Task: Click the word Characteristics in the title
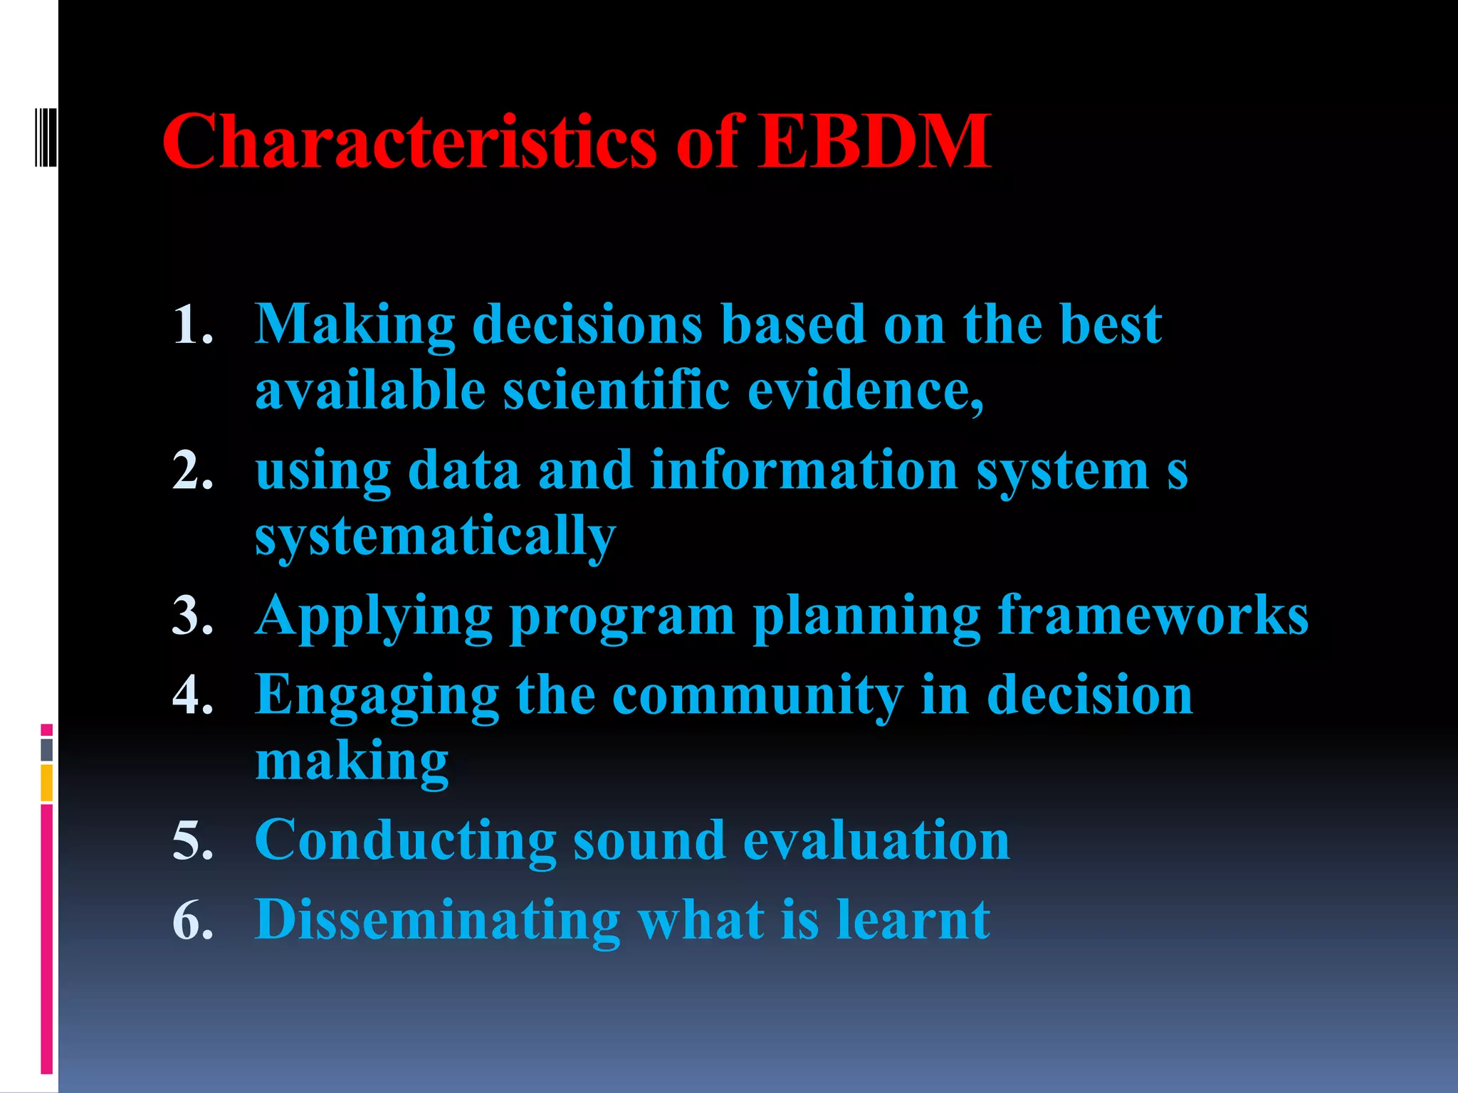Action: click(x=409, y=142)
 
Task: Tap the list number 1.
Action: click(x=192, y=325)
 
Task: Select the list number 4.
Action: click(x=192, y=695)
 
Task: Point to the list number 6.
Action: click(x=192, y=920)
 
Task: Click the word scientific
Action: click(x=617, y=391)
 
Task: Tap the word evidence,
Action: click(x=866, y=391)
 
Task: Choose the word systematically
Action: click(x=435, y=537)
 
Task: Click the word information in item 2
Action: click(x=804, y=470)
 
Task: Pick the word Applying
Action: click(x=374, y=616)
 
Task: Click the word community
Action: click(x=757, y=696)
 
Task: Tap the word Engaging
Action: click(x=377, y=696)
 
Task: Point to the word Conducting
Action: click(x=405, y=840)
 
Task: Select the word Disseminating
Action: click(x=437, y=920)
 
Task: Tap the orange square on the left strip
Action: click(x=46, y=783)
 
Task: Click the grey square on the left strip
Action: click(x=46, y=749)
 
